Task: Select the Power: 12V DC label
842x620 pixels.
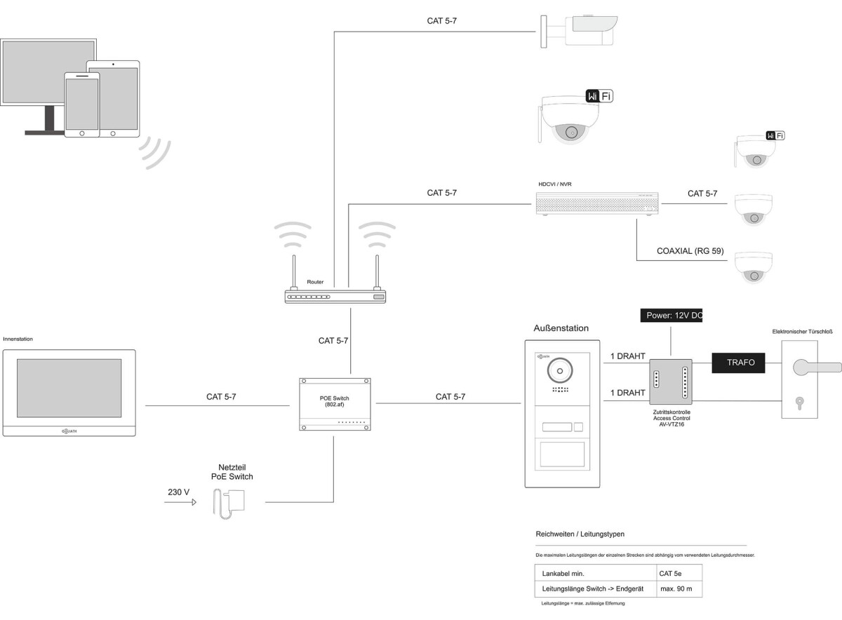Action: (671, 316)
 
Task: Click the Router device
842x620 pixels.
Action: (335, 297)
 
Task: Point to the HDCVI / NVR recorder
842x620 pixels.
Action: (598, 203)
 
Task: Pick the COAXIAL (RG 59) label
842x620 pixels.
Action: (690, 251)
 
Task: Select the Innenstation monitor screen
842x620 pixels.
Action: (69, 389)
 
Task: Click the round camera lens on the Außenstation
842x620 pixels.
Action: (559, 368)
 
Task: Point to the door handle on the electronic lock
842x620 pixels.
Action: (814, 366)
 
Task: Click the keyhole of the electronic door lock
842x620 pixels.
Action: (799, 403)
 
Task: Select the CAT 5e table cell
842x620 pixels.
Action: (670, 573)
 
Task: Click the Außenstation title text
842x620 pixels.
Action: (561, 328)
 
